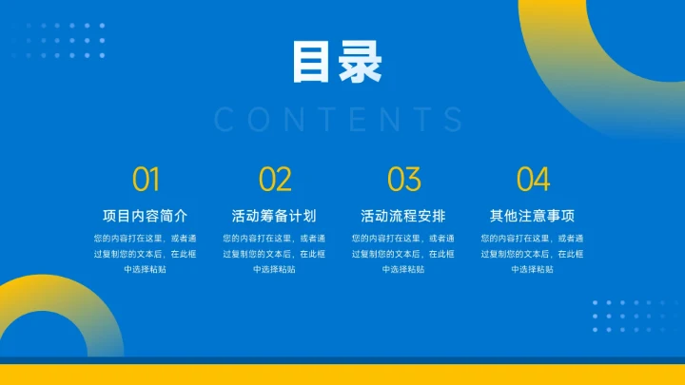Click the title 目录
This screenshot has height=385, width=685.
pyautogui.click(x=337, y=63)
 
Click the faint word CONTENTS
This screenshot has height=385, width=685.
pyautogui.click(x=340, y=120)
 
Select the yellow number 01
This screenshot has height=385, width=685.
pyautogui.click(x=146, y=179)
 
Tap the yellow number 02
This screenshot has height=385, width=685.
pyautogui.click(x=275, y=179)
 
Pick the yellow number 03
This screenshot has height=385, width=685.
pyautogui.click(x=403, y=179)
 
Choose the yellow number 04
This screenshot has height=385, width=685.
pyautogui.click(x=533, y=179)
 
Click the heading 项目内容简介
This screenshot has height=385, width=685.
pyautogui.click(x=146, y=215)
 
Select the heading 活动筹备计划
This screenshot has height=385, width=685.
pyautogui.click(x=275, y=215)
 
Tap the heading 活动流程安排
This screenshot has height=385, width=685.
pyautogui.click(x=403, y=215)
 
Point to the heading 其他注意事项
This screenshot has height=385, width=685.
pyautogui.click(x=533, y=215)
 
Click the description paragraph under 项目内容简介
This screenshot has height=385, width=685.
pyautogui.click(x=146, y=254)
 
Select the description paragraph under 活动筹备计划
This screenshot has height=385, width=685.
pyautogui.click(x=275, y=254)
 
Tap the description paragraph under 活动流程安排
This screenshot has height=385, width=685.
pyautogui.click(x=403, y=254)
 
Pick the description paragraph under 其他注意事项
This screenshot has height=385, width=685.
pyautogui.click(x=533, y=254)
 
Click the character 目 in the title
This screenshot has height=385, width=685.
pyautogui.click(x=313, y=63)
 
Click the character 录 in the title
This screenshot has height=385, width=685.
pyautogui.click(x=361, y=63)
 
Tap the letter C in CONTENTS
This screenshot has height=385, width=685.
pyautogui.click(x=225, y=120)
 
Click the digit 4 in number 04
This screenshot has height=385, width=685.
pyautogui.click(x=541, y=179)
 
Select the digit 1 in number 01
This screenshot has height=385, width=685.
pyautogui.click(x=154, y=179)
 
